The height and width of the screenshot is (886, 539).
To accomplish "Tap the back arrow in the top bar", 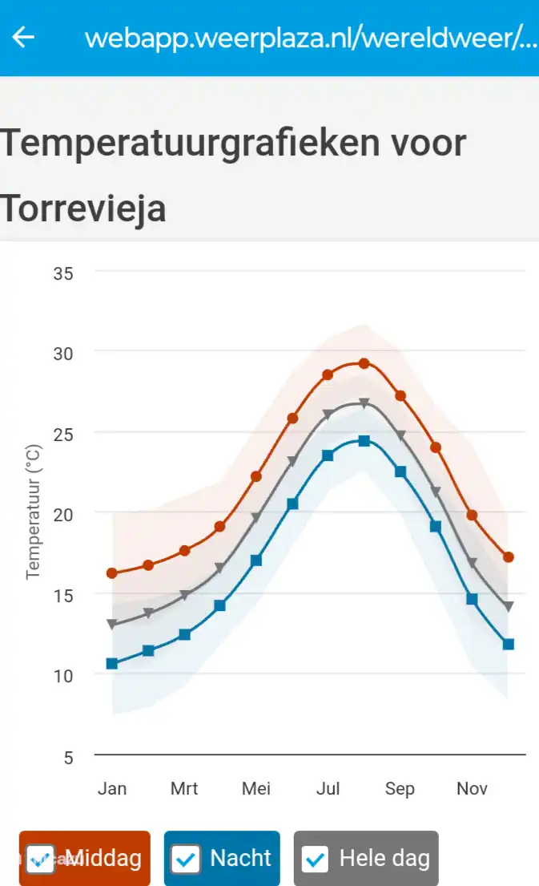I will [x=24, y=37].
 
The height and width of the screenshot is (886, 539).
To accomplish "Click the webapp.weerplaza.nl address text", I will [x=311, y=38].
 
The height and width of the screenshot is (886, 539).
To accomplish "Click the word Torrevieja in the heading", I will [x=83, y=208].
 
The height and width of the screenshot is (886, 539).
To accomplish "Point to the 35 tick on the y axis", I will [x=63, y=273].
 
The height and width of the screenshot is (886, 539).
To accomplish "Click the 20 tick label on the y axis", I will [x=63, y=513].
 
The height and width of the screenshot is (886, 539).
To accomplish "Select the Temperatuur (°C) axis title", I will [x=33, y=512].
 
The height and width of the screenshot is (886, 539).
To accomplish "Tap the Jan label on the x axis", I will [x=112, y=789].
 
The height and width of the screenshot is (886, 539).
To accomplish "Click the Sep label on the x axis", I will [x=400, y=789].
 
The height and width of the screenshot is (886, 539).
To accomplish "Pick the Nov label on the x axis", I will [x=472, y=789].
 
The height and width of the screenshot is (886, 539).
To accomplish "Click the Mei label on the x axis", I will [x=256, y=789].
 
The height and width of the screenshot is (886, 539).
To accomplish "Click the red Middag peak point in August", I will [x=364, y=363].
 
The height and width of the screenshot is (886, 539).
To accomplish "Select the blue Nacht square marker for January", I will [x=112, y=663].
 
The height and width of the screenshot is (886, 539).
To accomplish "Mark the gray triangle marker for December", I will [x=508, y=607].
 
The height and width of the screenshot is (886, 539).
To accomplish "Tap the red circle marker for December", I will [x=508, y=556].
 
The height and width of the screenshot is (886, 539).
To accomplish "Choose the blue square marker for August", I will [x=364, y=441].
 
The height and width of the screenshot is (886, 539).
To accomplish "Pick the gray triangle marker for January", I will [x=112, y=624].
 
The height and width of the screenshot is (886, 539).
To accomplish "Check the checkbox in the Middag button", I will [x=41, y=860].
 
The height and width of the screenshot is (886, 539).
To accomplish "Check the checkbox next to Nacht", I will [x=186, y=860].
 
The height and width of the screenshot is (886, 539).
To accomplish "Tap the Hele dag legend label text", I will [x=384, y=859].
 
